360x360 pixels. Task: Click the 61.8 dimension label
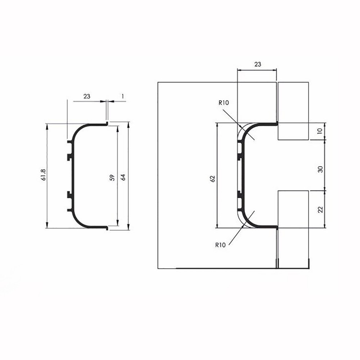coord(44,175)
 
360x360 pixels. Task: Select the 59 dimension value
coord(112,177)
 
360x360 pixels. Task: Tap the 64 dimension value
coord(123,177)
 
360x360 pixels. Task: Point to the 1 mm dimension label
coord(123,96)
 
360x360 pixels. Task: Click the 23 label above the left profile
coord(87,96)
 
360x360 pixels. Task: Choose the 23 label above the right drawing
coord(258,64)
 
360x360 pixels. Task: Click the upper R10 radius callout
coord(224,103)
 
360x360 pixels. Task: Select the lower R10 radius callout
coord(220,245)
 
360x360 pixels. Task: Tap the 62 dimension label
coord(213,179)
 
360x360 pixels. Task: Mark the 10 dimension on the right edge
coord(320,131)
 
